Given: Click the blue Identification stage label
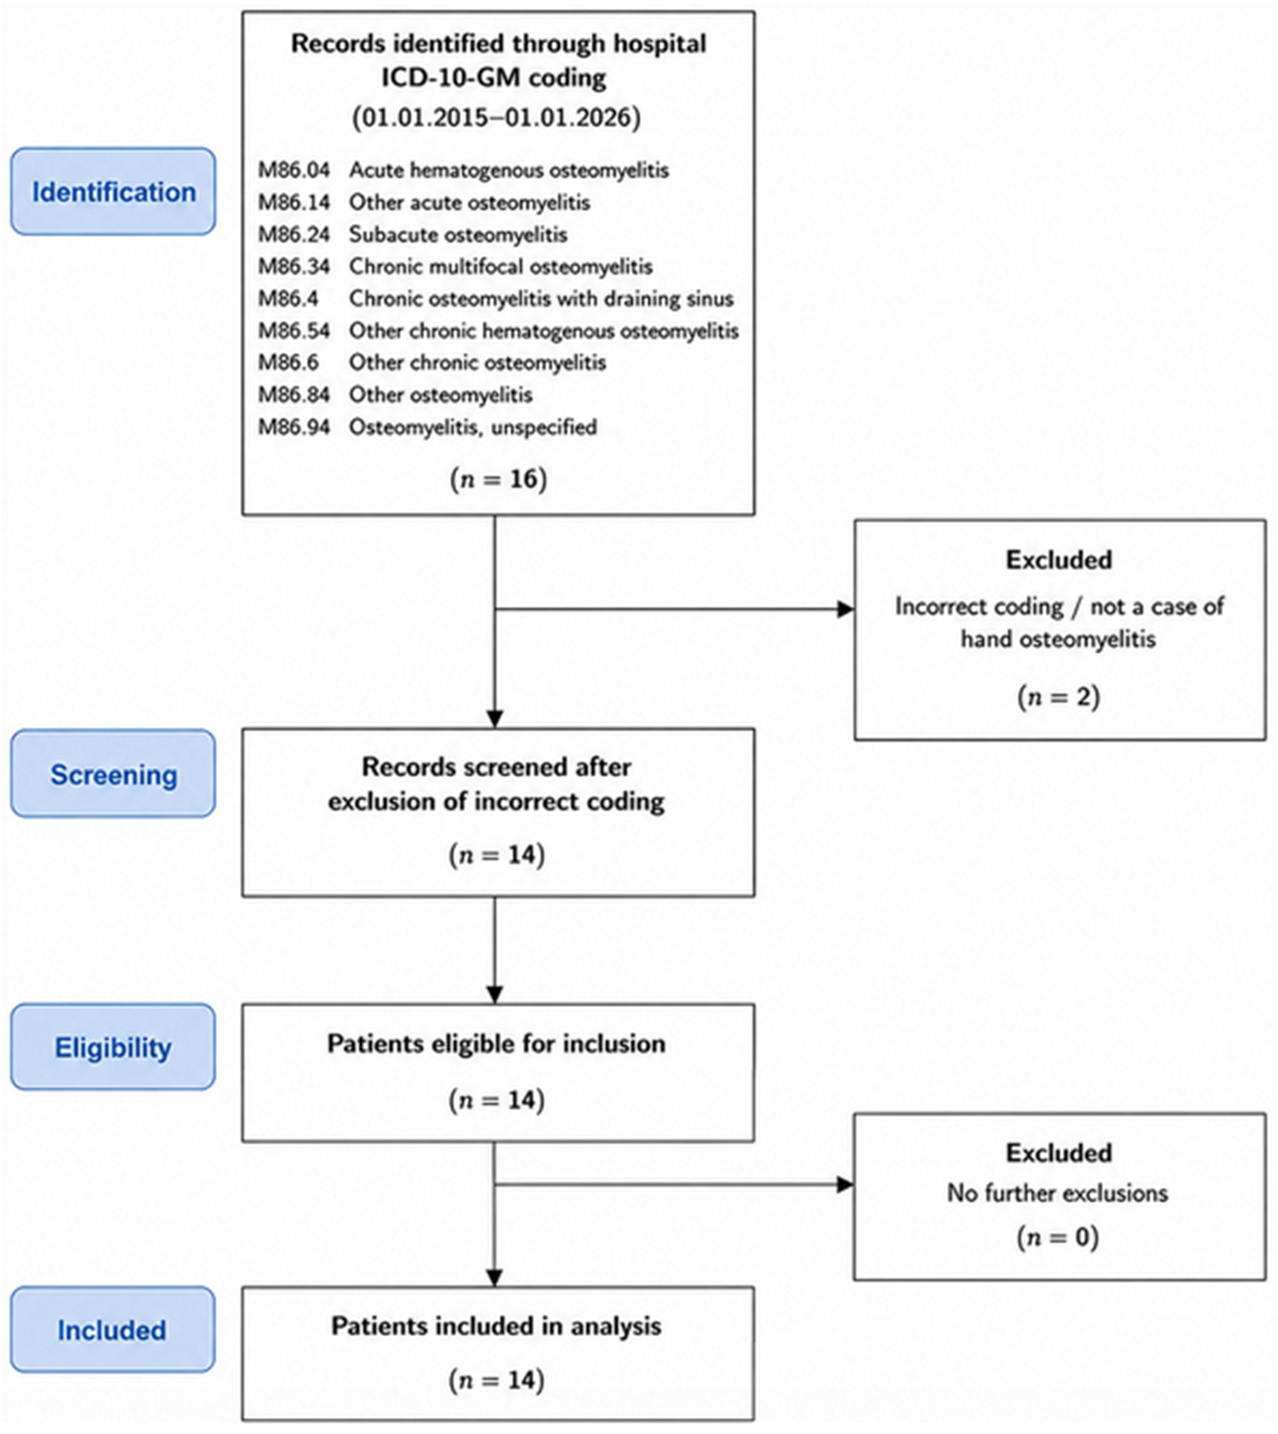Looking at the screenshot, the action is pos(113,191).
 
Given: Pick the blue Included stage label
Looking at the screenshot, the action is pos(113,1329).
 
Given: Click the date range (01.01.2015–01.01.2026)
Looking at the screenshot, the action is pos(497,116).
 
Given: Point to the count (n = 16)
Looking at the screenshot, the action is pos(498,479).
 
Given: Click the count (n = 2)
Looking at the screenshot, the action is pos(1058,697).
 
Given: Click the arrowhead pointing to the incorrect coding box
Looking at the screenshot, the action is pos(845,609).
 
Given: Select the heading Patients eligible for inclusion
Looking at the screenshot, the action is pos(497,1044).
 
